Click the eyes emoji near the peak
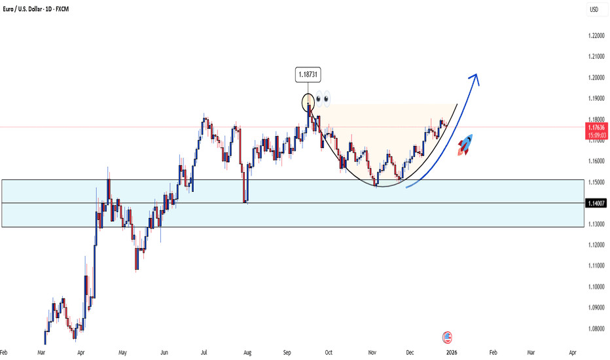323,100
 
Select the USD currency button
594,9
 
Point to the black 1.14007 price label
596,204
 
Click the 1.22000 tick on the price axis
595,36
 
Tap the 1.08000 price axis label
595,328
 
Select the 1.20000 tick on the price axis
595,78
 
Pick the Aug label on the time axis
247,351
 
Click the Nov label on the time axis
372,351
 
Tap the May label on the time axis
123,351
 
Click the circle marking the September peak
308,102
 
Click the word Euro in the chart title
12,9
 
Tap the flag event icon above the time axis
448,338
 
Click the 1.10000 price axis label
595,286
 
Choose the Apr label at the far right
573,351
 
